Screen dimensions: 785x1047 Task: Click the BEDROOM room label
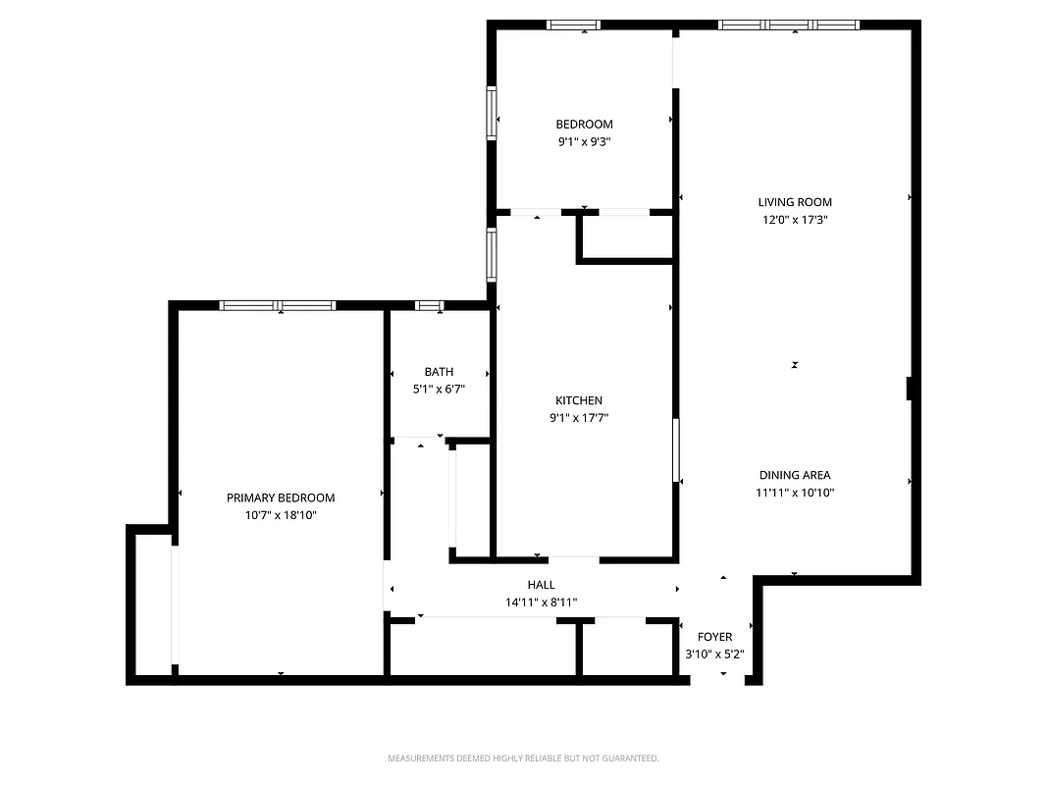click(x=584, y=124)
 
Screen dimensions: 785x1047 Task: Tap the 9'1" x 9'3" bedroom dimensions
click(x=584, y=141)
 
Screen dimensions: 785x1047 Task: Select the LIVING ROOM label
click(x=794, y=202)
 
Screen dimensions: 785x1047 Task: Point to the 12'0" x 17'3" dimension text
click(x=794, y=220)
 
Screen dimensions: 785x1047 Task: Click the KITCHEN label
click(x=579, y=400)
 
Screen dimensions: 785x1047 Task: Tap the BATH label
click(x=439, y=372)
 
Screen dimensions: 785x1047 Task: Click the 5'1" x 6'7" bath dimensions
click(x=439, y=389)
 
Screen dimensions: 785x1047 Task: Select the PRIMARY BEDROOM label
click(x=281, y=497)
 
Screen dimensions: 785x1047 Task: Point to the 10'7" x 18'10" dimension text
click(x=281, y=514)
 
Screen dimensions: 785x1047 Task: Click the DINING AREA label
click(x=794, y=475)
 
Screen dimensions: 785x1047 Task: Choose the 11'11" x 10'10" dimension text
click(x=794, y=493)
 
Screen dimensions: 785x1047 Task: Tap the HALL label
click(x=541, y=585)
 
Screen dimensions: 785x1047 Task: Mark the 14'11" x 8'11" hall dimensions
click(x=541, y=602)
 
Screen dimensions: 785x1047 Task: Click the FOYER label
click(x=714, y=637)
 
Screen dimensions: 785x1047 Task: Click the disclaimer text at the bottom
click(x=521, y=759)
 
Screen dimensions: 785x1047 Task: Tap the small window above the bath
click(x=430, y=305)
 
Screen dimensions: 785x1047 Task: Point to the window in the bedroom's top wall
click(x=574, y=25)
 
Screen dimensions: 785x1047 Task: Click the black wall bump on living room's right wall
click(x=910, y=389)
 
